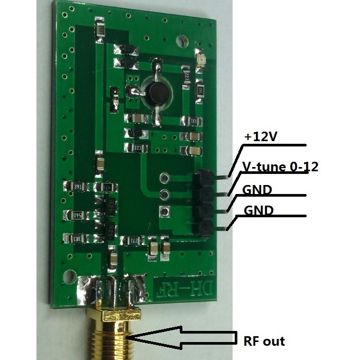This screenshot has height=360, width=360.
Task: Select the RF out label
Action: pyautogui.click(x=263, y=341)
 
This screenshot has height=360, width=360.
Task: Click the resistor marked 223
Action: pyautogui.click(x=187, y=78)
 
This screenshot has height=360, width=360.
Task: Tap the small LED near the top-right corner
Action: pyautogui.click(x=200, y=55)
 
